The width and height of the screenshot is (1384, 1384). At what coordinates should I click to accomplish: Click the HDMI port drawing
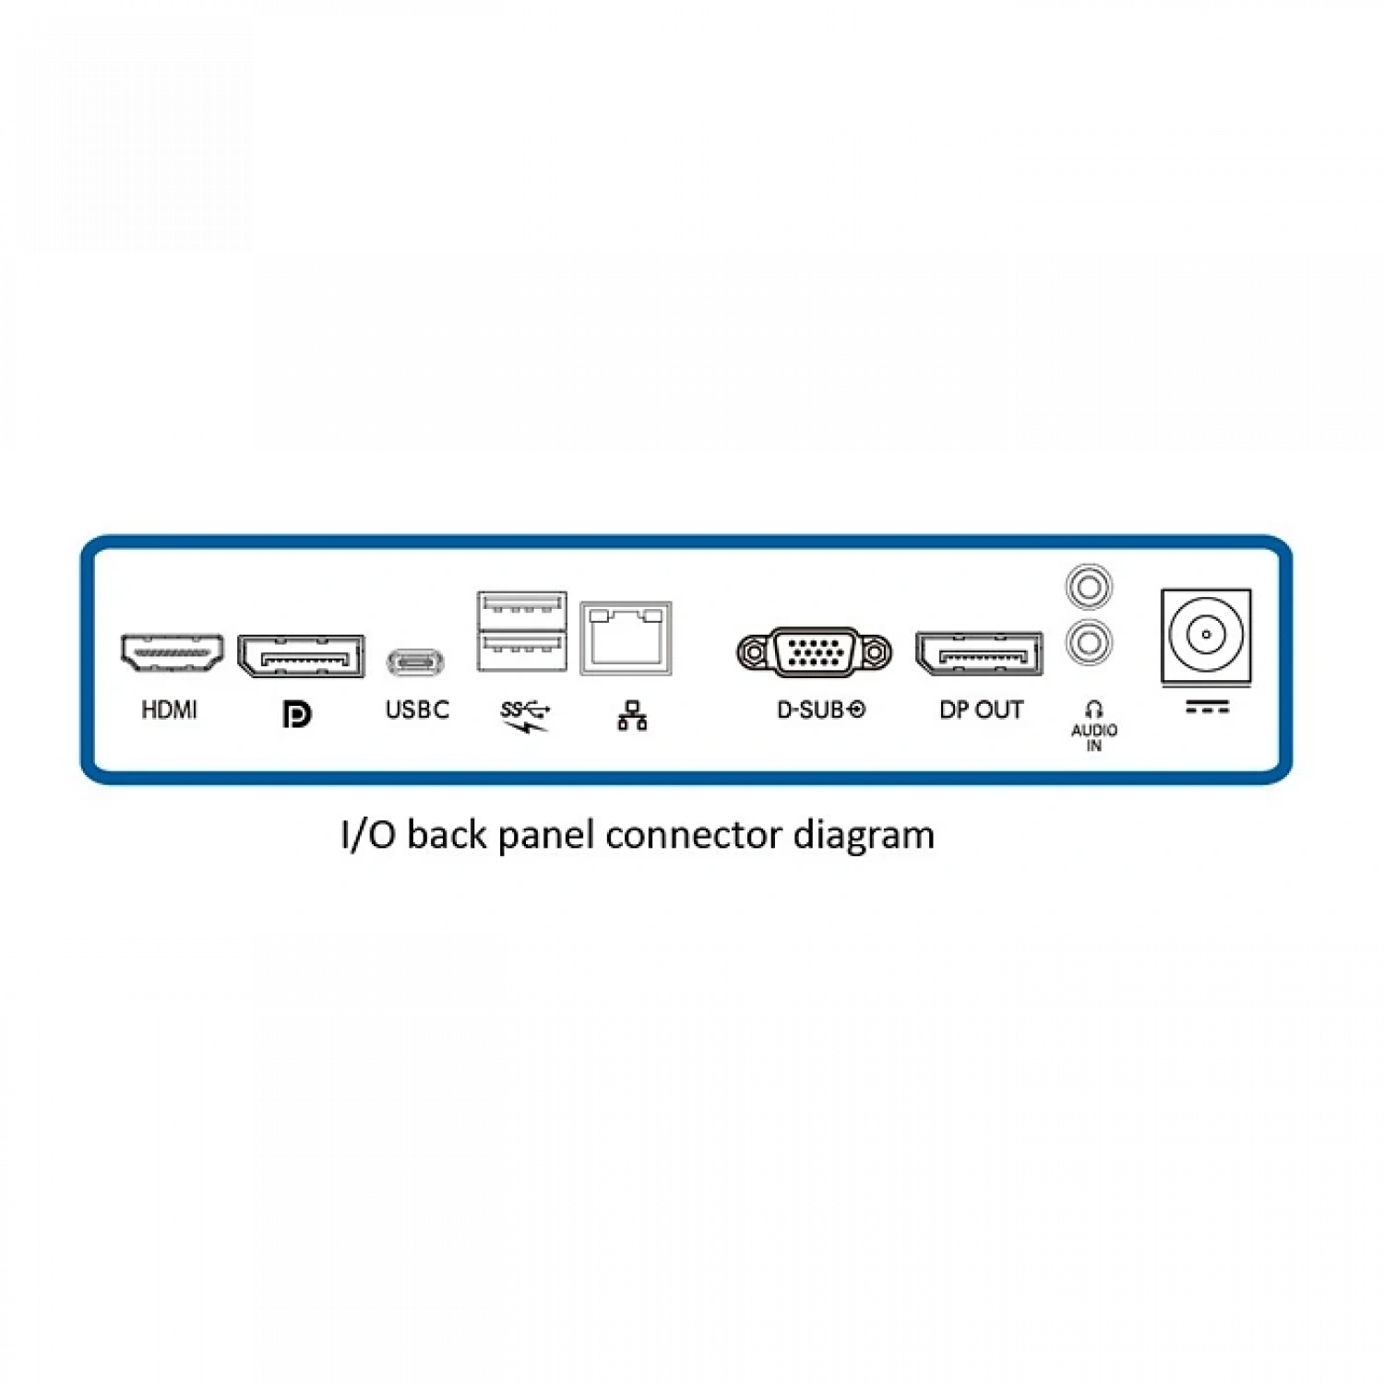[x=172, y=652]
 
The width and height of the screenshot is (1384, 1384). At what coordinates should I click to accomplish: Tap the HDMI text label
[x=169, y=710]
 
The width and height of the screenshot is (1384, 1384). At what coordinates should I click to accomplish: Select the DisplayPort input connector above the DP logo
[x=301, y=656]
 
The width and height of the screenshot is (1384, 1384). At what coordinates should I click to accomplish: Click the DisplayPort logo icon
[x=296, y=714]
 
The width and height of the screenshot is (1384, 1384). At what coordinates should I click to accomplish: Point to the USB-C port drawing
[x=415, y=662]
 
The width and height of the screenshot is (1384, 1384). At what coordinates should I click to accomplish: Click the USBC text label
[x=417, y=710]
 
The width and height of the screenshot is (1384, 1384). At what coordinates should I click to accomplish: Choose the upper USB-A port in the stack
[x=522, y=609]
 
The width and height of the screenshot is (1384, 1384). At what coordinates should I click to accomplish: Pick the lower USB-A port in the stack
[x=522, y=650]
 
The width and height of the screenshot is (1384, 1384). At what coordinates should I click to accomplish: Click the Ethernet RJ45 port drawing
[x=626, y=638]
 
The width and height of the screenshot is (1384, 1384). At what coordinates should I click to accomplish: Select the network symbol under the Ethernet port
[x=632, y=716]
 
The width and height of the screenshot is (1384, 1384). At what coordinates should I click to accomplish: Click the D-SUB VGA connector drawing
[x=815, y=652]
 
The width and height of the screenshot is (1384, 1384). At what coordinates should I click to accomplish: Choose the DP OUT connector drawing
[x=979, y=654]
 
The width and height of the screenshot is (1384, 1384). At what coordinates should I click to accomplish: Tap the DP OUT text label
[x=981, y=710]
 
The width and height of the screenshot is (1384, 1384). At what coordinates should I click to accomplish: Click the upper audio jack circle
[x=1089, y=587]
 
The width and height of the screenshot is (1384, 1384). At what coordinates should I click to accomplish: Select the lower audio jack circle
[x=1089, y=642]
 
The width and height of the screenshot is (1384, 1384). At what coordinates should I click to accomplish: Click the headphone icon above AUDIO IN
[x=1094, y=710]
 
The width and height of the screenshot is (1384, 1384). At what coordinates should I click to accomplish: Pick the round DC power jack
[x=1206, y=635]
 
